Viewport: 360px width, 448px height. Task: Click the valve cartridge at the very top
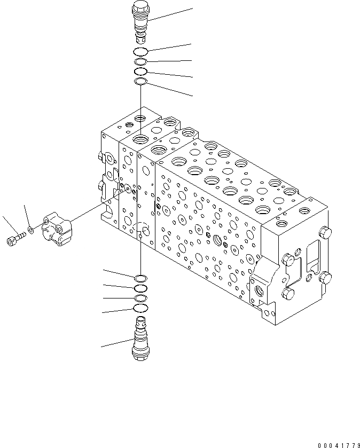[140, 24]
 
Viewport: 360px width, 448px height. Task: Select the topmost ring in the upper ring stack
[140, 52]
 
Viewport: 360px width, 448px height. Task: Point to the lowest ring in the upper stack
[140, 82]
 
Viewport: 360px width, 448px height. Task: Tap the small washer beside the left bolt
[32, 231]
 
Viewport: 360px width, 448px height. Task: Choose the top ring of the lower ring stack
[140, 278]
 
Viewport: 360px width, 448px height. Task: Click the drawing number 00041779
[338, 445]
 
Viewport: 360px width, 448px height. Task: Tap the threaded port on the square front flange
[262, 290]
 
